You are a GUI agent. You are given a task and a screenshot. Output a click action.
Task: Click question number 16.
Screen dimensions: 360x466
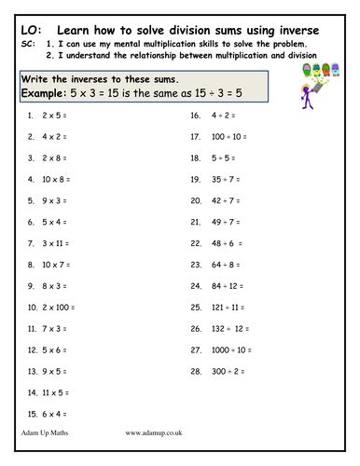[x=196, y=116]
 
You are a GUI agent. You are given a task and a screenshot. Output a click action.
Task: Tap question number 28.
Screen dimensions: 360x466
[x=196, y=370]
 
